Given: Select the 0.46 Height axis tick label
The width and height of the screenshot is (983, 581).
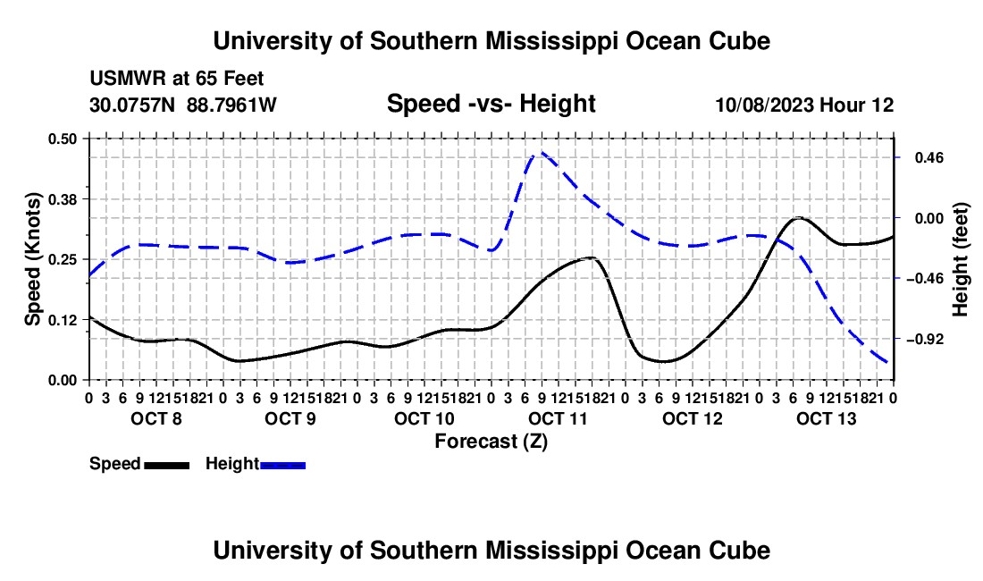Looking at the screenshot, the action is click(x=929, y=158).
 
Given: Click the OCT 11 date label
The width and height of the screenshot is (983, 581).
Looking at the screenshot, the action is click(x=558, y=418).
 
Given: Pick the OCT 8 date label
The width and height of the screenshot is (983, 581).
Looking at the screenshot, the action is click(x=156, y=418).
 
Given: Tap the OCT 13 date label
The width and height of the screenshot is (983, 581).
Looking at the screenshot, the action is click(x=826, y=418).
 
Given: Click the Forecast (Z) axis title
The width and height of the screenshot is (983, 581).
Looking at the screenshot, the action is click(x=491, y=442).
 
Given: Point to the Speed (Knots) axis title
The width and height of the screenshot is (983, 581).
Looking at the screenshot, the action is click(x=32, y=259).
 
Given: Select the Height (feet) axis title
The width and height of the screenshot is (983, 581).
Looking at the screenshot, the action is click(x=960, y=259).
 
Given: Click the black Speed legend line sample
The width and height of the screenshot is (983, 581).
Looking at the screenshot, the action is click(x=167, y=466).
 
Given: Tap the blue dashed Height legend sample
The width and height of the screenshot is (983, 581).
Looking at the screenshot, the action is click(x=282, y=466).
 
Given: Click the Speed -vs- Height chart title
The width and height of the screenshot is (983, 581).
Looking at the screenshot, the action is click(x=491, y=104).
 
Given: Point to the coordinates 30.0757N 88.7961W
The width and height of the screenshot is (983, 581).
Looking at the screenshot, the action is click(x=182, y=105).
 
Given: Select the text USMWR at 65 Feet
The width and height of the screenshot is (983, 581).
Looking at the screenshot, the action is click(x=177, y=79).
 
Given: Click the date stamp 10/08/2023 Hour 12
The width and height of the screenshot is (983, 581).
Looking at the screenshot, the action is click(x=804, y=105).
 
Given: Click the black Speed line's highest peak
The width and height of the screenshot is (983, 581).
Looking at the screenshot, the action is click(x=797, y=217).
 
